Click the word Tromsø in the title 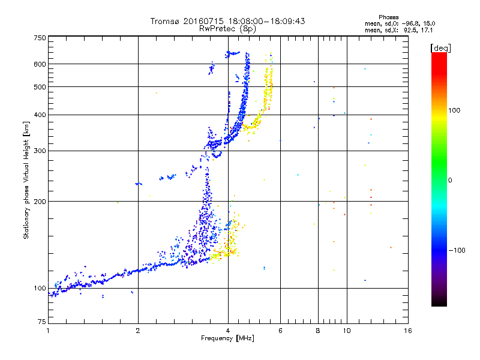coord(164,21)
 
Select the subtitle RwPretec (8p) coord(227,29)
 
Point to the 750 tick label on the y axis coord(40,38)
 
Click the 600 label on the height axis coord(40,64)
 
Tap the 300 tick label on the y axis coord(40,151)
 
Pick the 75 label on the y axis coord(42,322)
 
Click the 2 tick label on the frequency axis coord(138,331)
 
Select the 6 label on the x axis coord(280,331)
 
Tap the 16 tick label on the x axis coord(408,331)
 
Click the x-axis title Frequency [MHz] coord(227,338)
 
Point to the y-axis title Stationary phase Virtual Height coord(26,181)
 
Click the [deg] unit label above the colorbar coord(441,48)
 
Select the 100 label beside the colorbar coord(454,110)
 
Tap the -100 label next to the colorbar coord(457,250)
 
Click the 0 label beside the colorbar coord(450,180)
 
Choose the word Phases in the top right coord(388,17)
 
